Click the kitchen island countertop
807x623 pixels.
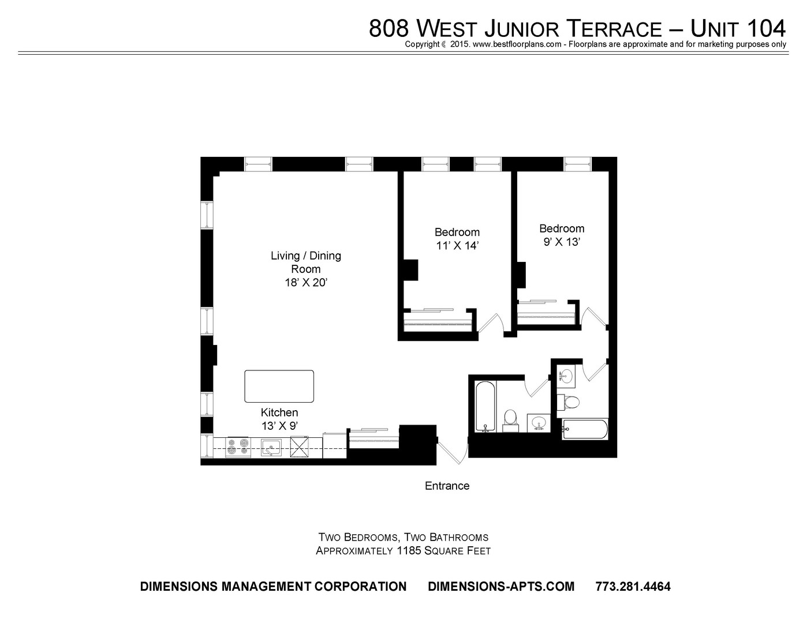click(x=279, y=386)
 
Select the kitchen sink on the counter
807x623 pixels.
click(x=271, y=447)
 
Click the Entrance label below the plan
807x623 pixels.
click(x=447, y=486)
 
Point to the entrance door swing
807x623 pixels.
click(x=452, y=452)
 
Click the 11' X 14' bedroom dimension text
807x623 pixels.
click(x=457, y=246)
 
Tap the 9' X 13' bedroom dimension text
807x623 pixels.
click(x=562, y=242)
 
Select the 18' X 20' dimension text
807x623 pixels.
click(x=305, y=283)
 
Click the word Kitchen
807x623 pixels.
click(x=279, y=412)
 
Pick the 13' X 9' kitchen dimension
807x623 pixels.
click(x=279, y=426)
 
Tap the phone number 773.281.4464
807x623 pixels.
click(x=633, y=586)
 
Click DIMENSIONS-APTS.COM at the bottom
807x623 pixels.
click(x=501, y=586)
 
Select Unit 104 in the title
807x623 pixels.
click(x=738, y=29)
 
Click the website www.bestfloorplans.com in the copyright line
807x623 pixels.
click(x=517, y=44)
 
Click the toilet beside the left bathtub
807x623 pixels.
click(x=510, y=421)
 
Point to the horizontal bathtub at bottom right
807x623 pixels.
click(x=585, y=429)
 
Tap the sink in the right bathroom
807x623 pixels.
click(x=566, y=376)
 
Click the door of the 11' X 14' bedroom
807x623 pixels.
click(x=490, y=323)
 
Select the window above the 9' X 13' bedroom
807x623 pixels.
click(x=577, y=164)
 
